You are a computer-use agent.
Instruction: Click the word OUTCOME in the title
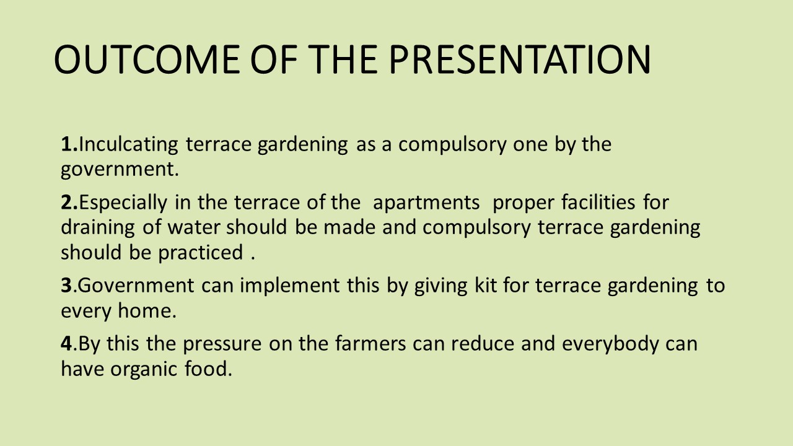(x=147, y=59)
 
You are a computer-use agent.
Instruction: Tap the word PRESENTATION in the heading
(x=520, y=59)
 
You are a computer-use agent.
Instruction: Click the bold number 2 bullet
(x=68, y=202)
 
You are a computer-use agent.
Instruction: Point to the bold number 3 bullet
(x=66, y=286)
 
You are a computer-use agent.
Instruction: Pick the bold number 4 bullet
(x=66, y=343)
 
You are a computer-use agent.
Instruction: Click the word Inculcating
(x=128, y=145)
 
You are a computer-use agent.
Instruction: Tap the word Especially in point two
(x=123, y=203)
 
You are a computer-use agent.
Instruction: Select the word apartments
(x=426, y=203)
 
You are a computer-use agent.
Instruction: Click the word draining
(x=98, y=227)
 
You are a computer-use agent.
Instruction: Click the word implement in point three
(x=289, y=286)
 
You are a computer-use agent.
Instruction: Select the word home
(x=147, y=311)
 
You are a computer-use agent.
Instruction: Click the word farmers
(x=370, y=343)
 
